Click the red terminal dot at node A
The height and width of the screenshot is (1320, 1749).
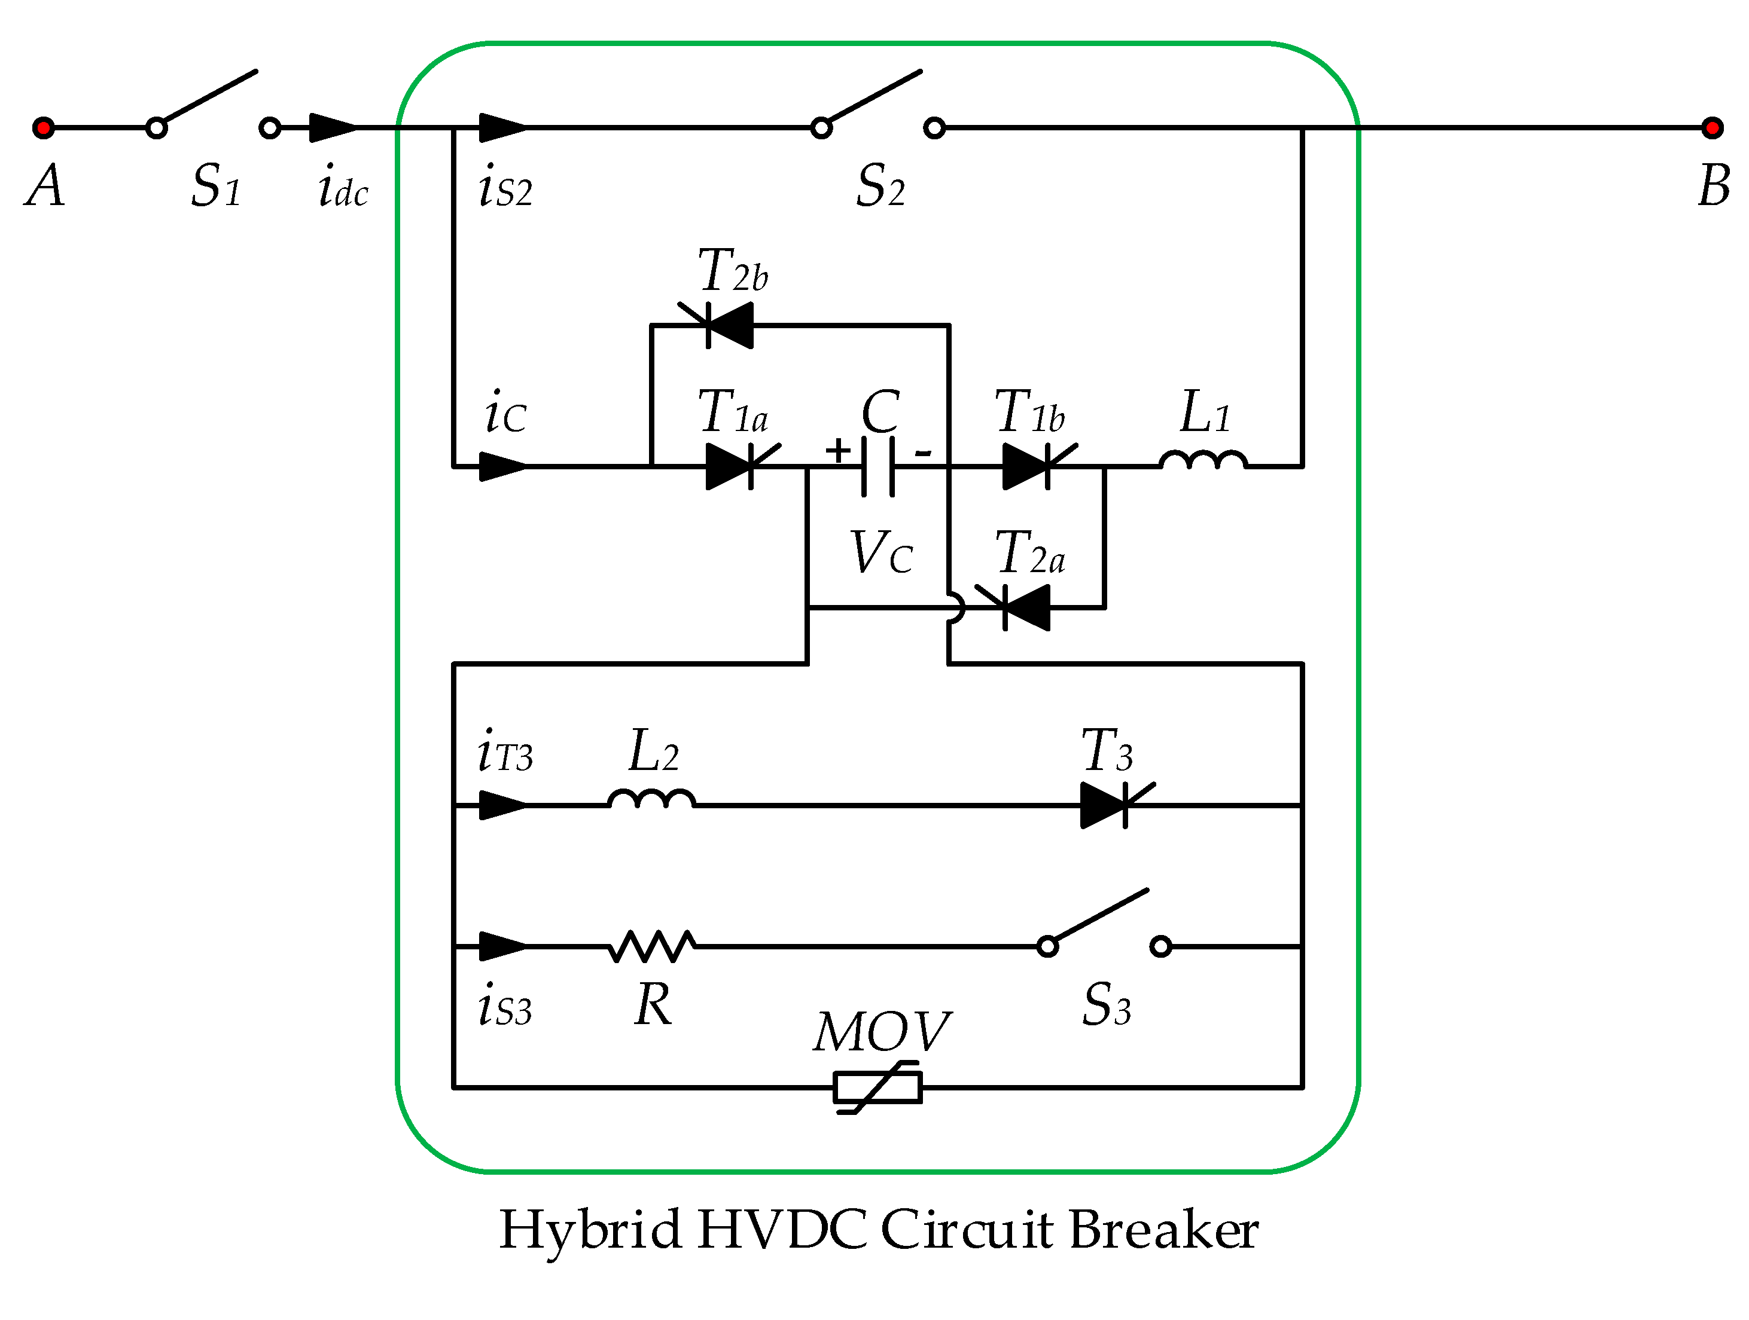pos(44,127)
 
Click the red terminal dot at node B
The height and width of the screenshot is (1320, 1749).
pos(1713,127)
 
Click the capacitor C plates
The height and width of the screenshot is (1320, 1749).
pos(877,466)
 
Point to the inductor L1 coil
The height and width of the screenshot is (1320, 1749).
pos(1203,460)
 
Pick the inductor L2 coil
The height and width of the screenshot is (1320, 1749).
pos(651,799)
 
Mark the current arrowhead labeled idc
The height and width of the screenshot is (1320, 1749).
pos(332,127)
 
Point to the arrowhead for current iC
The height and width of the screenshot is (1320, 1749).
pos(502,466)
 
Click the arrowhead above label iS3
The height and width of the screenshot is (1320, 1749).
pos(502,946)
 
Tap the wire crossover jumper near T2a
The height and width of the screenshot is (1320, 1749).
pos(956,608)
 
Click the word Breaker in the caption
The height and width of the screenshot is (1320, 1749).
pos(1163,1231)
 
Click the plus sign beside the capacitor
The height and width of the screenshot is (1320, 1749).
pos(837,451)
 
